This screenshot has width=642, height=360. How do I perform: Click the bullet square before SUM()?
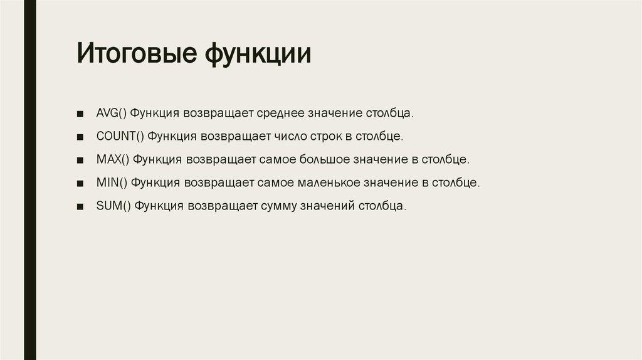pos(80,206)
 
